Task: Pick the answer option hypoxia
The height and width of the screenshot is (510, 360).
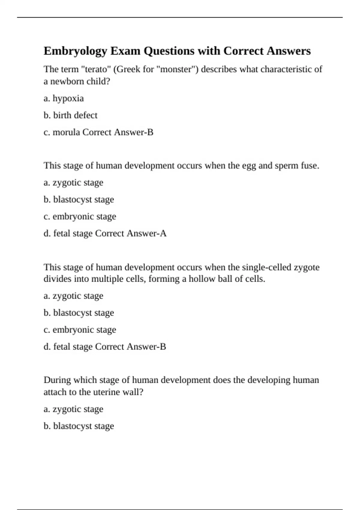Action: tap(68, 98)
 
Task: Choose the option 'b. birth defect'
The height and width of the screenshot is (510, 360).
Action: tap(70, 115)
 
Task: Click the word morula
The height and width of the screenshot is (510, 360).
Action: tap(66, 132)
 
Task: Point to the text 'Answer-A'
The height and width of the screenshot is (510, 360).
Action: tap(146, 233)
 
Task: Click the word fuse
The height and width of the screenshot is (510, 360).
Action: tap(310, 166)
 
